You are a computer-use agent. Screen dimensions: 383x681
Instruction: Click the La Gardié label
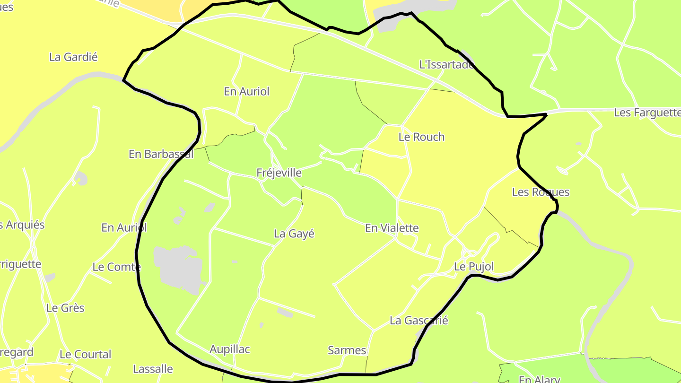pos(73,57)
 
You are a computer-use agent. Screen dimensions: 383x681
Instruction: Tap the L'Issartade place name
pos(446,65)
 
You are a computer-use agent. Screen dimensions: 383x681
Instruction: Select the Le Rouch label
pos(421,137)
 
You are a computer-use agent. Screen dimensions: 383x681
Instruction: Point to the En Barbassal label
pos(161,154)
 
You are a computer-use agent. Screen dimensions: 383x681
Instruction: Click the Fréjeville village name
pos(279,173)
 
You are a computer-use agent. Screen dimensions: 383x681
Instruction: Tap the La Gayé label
pos(294,234)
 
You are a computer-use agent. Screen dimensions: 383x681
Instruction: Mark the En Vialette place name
pos(392,228)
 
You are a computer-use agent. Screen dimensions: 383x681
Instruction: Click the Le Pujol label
pos(473,267)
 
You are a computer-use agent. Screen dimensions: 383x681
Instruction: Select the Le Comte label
pos(116,267)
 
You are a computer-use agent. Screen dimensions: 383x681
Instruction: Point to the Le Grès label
pos(65,308)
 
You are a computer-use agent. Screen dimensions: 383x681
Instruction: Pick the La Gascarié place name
pos(419,321)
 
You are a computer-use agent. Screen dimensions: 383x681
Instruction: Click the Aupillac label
pos(230,349)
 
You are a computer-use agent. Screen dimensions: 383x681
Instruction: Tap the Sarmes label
pos(347,350)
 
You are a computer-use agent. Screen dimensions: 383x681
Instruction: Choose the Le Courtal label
pos(85,354)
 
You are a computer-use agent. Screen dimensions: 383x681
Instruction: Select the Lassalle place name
pos(153,369)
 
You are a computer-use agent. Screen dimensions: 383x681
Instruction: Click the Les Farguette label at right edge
pos(647,113)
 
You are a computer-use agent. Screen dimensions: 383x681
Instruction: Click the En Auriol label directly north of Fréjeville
pos(246,92)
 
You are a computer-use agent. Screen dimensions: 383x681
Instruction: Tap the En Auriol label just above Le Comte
pos(124,228)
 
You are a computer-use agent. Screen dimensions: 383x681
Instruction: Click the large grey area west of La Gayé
pos(177,267)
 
